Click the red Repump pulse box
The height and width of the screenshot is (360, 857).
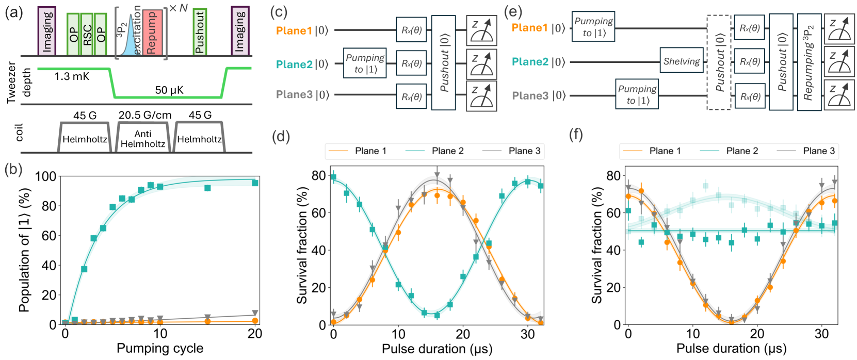click(x=152, y=32)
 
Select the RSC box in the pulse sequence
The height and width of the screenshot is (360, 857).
click(x=87, y=35)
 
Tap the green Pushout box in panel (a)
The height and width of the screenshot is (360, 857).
click(x=200, y=32)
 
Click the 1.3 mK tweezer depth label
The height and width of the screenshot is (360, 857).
click(x=72, y=77)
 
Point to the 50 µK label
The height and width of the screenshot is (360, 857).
click(x=169, y=90)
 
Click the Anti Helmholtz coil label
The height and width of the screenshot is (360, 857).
click(x=143, y=139)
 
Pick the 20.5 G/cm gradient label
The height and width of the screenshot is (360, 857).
click(x=145, y=115)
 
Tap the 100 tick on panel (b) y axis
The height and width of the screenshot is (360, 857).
click(x=45, y=176)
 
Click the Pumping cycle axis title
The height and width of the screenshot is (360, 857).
click(x=160, y=348)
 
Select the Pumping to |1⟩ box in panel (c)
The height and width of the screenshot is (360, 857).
click(x=365, y=63)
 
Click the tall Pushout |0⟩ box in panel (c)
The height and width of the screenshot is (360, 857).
click(x=443, y=62)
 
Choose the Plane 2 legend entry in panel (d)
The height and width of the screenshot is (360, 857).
click(x=447, y=151)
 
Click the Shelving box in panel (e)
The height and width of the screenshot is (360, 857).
click(x=682, y=61)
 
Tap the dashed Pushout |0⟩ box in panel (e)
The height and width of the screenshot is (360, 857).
click(x=719, y=62)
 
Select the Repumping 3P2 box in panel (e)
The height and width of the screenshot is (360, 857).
click(x=809, y=62)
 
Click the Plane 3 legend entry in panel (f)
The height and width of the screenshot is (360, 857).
click(x=818, y=151)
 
